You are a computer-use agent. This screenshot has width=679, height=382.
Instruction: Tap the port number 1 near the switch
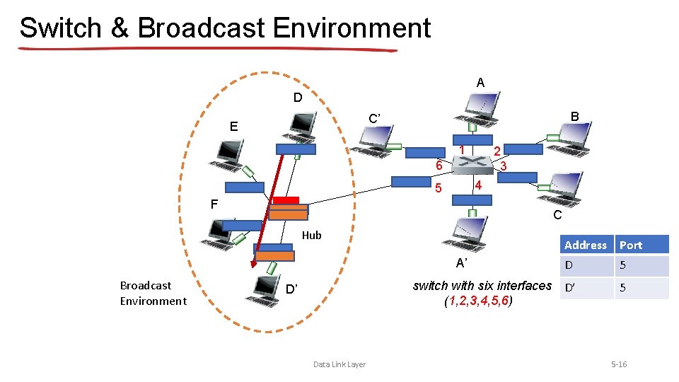click(461, 150)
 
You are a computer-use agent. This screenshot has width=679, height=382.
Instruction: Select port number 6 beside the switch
click(439, 165)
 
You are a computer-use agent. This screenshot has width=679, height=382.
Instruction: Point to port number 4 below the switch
click(478, 185)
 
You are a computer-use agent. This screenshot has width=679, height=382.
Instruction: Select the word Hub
click(311, 236)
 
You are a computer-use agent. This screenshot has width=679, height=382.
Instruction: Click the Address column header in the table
click(586, 245)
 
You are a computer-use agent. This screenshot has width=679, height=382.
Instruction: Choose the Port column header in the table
click(631, 245)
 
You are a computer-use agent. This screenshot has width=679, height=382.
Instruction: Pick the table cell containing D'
click(586, 288)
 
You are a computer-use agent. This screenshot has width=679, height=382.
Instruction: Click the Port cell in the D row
click(641, 266)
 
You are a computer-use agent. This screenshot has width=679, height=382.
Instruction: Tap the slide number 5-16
click(618, 364)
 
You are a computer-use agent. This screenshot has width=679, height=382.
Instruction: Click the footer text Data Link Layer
click(339, 364)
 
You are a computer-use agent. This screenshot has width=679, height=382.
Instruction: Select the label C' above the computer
click(376, 119)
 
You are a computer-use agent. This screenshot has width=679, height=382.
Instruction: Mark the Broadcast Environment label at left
click(153, 293)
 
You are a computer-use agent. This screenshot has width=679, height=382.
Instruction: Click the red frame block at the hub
click(286, 200)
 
